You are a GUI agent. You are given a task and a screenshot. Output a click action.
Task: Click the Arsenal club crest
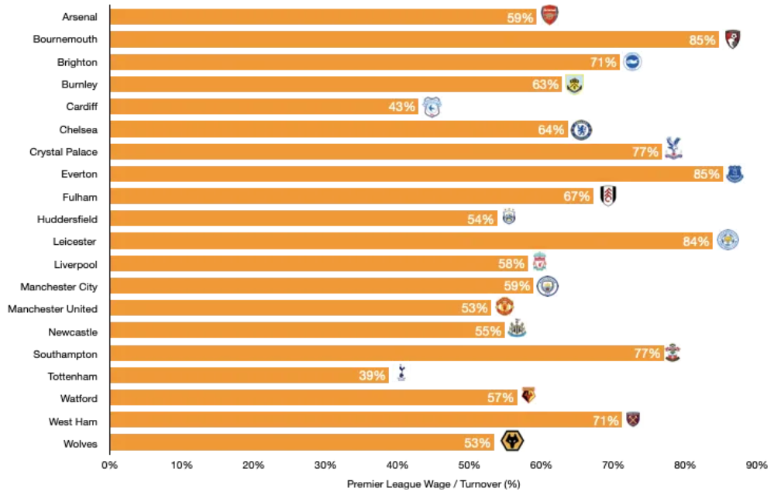click(x=549, y=15)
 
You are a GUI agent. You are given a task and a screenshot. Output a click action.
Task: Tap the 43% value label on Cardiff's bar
click(x=402, y=107)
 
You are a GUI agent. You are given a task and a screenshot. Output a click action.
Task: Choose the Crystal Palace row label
click(x=64, y=152)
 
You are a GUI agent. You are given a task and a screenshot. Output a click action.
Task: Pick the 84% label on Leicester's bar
click(x=696, y=242)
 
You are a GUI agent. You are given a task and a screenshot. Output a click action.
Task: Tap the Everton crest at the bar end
click(x=734, y=174)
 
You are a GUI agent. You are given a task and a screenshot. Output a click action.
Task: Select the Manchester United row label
click(x=53, y=309)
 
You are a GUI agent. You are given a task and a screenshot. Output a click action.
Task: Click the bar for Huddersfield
click(x=302, y=219)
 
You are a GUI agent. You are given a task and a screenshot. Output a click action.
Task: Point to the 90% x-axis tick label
click(x=756, y=466)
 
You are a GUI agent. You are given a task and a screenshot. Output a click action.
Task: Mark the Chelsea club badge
click(x=581, y=129)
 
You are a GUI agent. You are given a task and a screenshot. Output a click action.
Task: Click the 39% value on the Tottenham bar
click(x=372, y=377)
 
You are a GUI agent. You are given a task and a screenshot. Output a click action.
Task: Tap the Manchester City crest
click(x=548, y=287)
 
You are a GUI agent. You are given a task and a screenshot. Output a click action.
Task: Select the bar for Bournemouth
click(x=415, y=40)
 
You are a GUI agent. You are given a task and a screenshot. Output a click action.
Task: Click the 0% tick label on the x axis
click(x=110, y=466)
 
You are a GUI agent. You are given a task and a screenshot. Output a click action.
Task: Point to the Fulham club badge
click(x=608, y=196)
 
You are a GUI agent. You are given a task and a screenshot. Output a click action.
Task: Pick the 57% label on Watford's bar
click(x=501, y=398)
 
